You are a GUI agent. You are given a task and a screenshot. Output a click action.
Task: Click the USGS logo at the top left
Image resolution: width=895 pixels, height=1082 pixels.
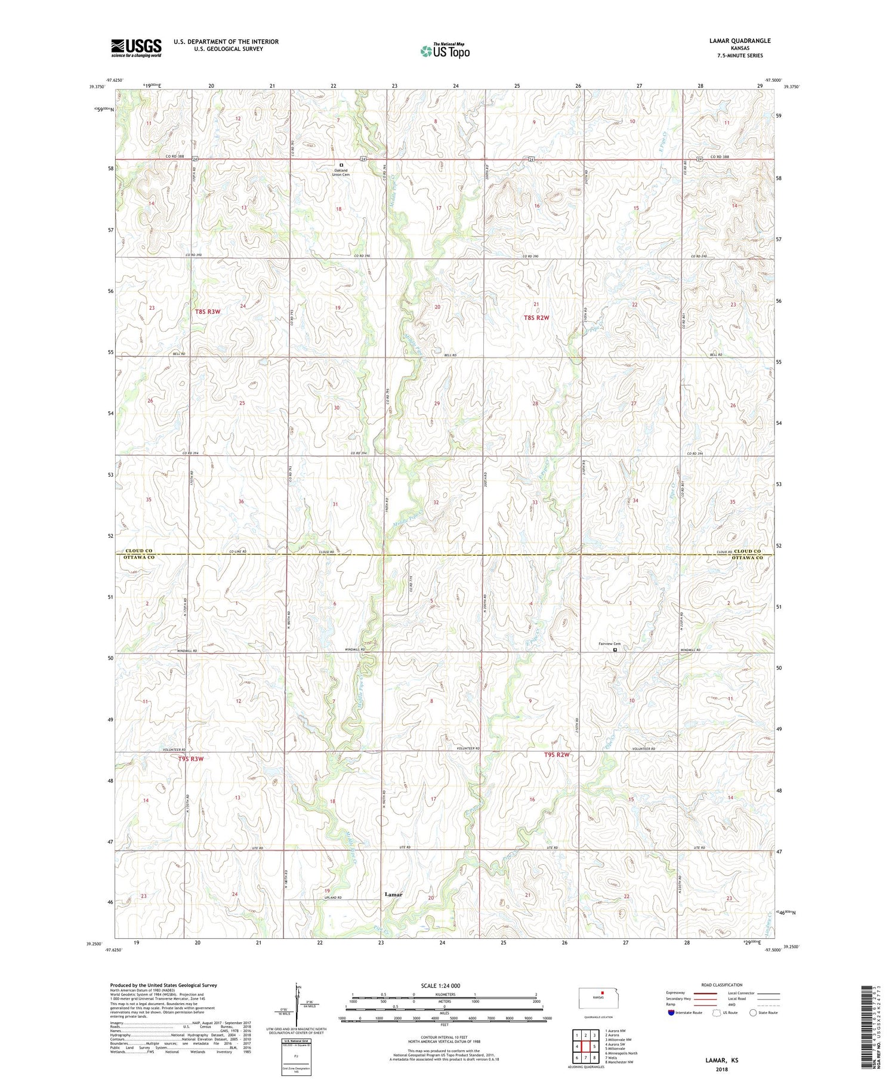(136, 48)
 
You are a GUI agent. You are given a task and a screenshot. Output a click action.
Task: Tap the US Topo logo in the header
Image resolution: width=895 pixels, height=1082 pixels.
(445, 51)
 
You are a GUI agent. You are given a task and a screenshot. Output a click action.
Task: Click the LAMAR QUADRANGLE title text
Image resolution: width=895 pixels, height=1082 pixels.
(740, 41)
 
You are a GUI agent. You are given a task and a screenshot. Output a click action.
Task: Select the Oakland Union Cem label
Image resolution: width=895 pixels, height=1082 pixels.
(341, 172)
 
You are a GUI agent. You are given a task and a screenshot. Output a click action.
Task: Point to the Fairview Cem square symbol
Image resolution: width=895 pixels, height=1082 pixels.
(616, 650)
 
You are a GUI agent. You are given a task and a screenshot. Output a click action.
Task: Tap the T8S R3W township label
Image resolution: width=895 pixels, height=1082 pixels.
(208, 312)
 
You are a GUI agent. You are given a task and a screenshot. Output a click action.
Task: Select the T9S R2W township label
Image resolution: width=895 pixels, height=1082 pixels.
(557, 755)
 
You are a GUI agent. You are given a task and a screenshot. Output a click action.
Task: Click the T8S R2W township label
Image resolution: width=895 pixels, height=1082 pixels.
(536, 317)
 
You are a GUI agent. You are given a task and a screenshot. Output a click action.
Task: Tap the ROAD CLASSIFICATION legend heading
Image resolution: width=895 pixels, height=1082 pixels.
(722, 985)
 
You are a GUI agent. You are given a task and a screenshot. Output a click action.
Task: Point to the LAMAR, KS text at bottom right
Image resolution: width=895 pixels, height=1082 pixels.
(721, 1060)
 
